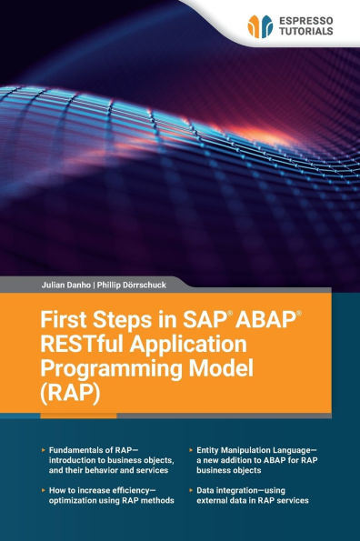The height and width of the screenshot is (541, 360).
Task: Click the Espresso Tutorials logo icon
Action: point(260,26)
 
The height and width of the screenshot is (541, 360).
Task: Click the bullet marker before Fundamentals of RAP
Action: point(43,450)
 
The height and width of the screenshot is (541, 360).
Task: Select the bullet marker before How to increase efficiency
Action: point(43,489)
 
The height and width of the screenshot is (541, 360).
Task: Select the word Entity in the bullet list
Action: point(212,450)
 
